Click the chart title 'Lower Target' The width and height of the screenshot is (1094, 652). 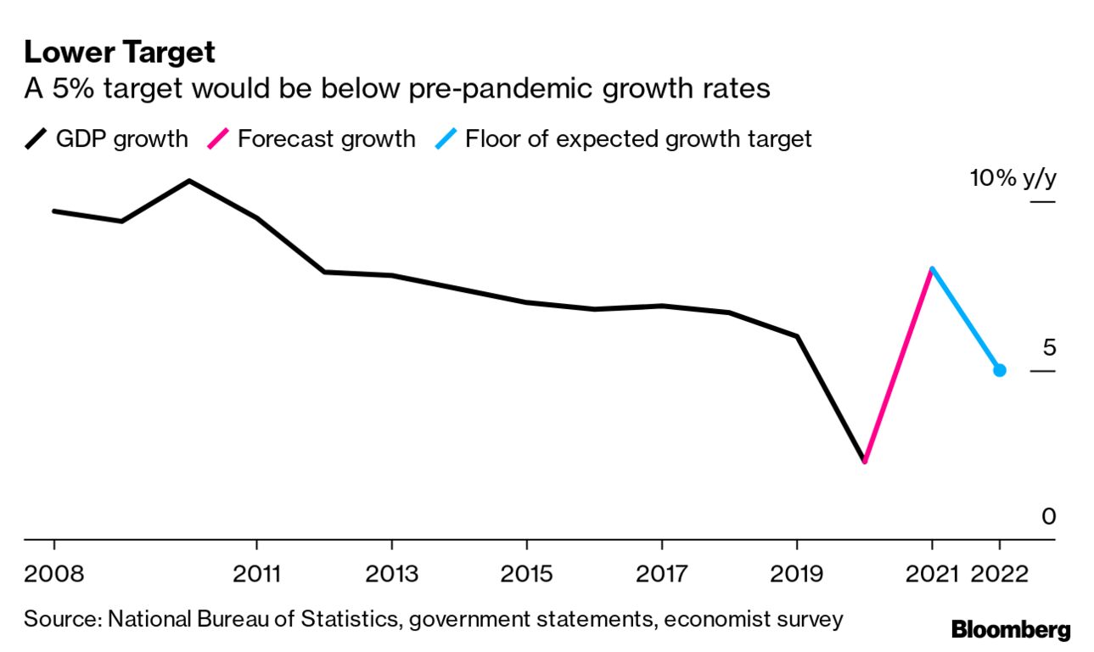[120, 53]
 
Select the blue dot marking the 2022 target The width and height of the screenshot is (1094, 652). [1000, 370]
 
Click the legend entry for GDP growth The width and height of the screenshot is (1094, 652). [106, 138]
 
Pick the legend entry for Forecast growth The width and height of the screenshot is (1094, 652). [311, 138]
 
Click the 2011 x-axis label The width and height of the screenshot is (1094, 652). [256, 574]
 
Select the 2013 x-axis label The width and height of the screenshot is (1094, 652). [391, 574]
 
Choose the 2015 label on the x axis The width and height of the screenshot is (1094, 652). [527, 574]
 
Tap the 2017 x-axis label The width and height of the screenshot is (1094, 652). [662, 574]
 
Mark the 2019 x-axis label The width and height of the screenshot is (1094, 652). [797, 574]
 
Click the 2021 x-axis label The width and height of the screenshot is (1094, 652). [932, 574]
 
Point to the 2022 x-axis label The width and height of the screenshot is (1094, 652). [1000, 574]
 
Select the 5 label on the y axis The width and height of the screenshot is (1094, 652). [1049, 348]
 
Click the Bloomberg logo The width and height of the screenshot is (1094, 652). [1010, 630]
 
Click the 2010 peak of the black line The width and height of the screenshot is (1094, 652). [188, 181]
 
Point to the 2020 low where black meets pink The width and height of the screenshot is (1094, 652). [865, 461]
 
